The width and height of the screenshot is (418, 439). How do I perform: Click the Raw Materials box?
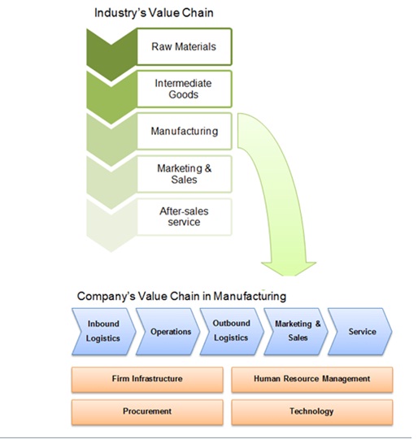[184, 46]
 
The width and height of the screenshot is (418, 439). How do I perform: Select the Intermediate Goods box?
[184, 89]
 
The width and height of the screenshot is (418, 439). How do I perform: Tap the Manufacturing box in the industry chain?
[184, 130]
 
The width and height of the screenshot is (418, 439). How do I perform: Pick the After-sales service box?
[184, 216]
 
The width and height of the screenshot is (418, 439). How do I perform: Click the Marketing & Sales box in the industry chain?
[184, 173]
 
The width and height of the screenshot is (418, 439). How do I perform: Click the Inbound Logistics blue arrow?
[103, 331]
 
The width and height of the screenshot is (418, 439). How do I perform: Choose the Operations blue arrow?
[169, 331]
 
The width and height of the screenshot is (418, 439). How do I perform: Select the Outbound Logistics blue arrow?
[231, 331]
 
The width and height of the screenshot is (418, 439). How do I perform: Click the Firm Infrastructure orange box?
[146, 379]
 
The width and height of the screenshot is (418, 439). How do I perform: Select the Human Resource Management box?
[311, 379]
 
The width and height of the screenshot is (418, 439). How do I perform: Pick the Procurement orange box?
[146, 411]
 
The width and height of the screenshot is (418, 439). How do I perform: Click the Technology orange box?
[311, 411]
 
